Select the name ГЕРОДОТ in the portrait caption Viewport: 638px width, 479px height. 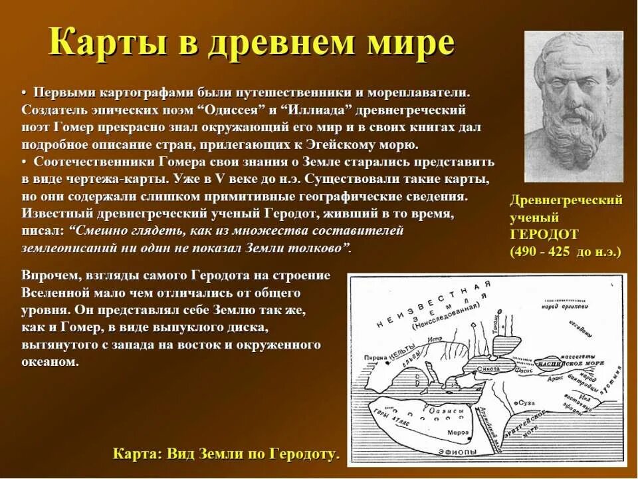pos(544,234)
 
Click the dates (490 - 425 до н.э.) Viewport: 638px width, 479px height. pos(565,251)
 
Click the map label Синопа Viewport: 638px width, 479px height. pos(488,367)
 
